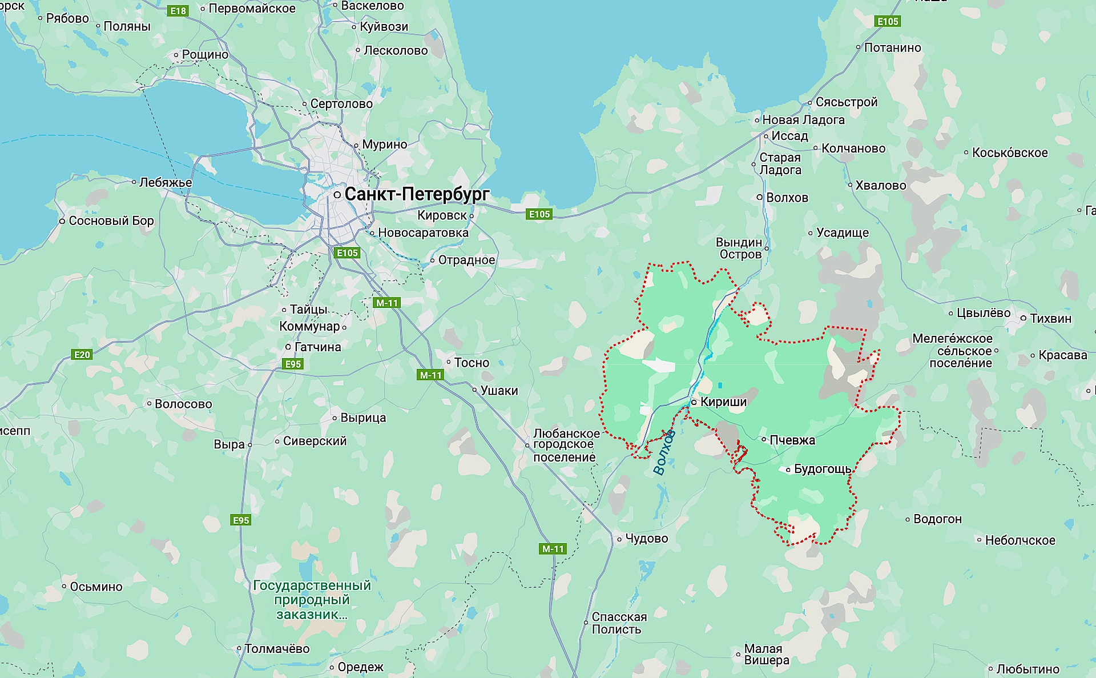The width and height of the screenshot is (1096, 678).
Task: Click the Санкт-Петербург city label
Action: pos(417,194)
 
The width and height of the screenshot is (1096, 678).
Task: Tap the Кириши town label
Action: pos(723,402)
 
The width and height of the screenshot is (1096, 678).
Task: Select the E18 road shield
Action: pos(178,11)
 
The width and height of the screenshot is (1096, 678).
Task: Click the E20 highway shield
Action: pos(82,355)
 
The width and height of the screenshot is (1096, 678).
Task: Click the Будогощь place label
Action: pos(823,469)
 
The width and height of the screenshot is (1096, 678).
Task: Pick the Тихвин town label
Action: pos(1050,318)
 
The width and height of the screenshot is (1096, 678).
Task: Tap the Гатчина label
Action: pos(317,347)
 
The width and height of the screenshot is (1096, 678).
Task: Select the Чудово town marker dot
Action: pos(619,539)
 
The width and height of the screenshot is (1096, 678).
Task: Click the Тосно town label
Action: pos(472,363)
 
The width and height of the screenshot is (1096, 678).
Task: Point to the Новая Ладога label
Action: pos(803,120)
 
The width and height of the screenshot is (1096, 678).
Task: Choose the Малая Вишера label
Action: pos(766,655)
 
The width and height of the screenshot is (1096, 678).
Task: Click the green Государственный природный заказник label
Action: pos(312,600)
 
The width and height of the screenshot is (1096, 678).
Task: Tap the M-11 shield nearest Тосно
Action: pos(430,375)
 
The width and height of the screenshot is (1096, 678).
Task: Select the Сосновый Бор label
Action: pos(111,220)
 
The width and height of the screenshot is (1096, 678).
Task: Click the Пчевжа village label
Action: pos(792,440)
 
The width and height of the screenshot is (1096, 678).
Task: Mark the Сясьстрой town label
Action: pos(846,102)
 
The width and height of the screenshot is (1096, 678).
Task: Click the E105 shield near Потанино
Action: pos(888,22)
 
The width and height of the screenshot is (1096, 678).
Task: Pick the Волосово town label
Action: pos(183,404)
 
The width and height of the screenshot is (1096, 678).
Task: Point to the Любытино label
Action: pos(1027,669)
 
